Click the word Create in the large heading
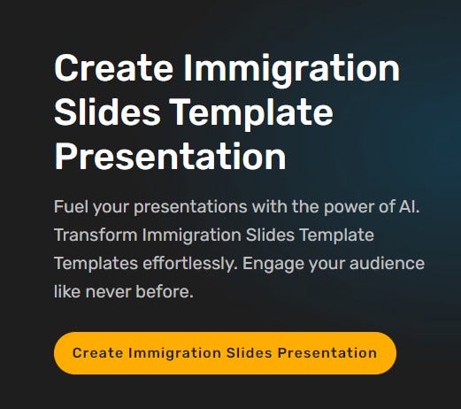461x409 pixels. pyautogui.click(x=113, y=68)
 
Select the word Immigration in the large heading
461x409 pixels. pyautogui.click(x=292, y=71)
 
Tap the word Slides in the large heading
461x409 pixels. pyautogui.click(x=107, y=112)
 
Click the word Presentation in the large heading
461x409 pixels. pyautogui.click(x=170, y=156)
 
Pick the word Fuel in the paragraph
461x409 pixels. pyautogui.click(x=71, y=206)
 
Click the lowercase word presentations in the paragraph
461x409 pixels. pyautogui.click(x=190, y=207)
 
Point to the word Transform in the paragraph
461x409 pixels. pyautogui.click(x=96, y=235)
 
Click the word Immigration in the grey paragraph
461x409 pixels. pyautogui.click(x=192, y=236)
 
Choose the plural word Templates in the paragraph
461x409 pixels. pyautogui.click(x=96, y=264)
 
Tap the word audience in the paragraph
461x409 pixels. pyautogui.click(x=387, y=263)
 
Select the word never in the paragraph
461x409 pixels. pyautogui.click(x=108, y=292)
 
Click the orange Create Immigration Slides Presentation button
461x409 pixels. pyautogui.click(x=225, y=353)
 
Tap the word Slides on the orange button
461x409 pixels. pyautogui.click(x=250, y=353)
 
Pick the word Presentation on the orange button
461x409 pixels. pyautogui.click(x=327, y=353)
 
